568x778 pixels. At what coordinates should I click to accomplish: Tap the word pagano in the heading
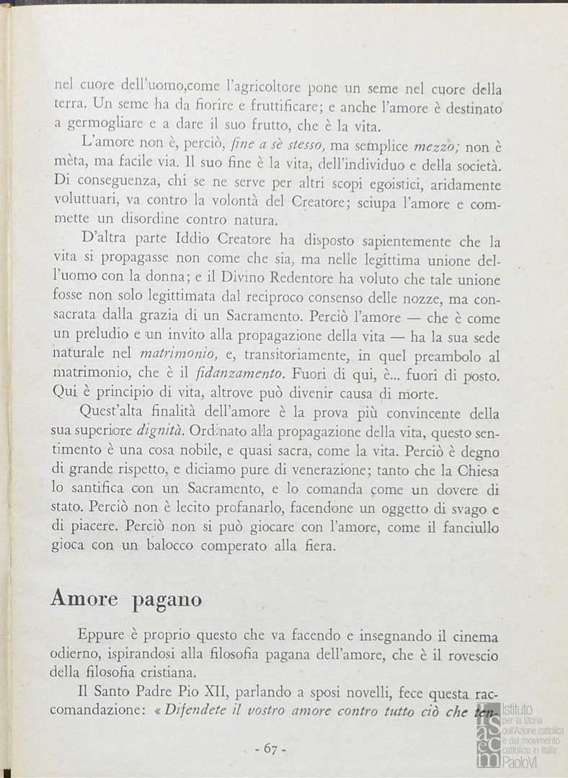coord(167,600)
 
